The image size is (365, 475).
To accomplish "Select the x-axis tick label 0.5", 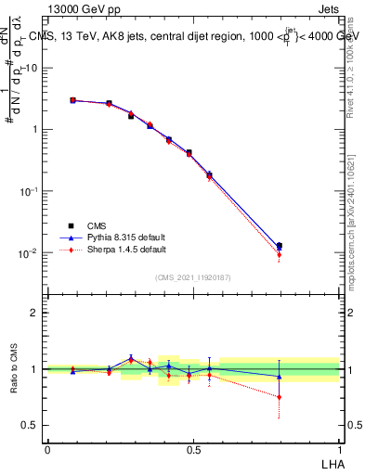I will (x=193, y=449).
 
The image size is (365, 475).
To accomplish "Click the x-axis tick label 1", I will (x=339, y=449).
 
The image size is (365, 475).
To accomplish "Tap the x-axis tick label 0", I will (x=47, y=449).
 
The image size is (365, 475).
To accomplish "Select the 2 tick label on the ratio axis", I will (x=35, y=314).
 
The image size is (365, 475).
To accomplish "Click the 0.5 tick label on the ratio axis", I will (x=31, y=425).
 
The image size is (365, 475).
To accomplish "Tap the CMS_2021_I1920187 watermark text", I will (x=193, y=277).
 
